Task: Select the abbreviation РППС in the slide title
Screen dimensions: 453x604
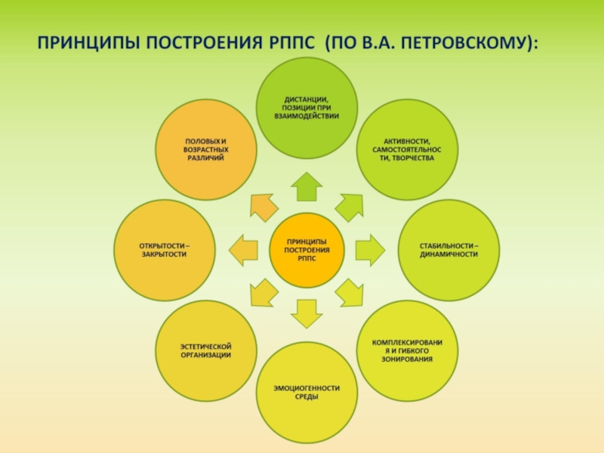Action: click(x=290, y=42)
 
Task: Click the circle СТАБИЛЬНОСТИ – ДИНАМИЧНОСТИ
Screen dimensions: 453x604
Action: click(x=449, y=250)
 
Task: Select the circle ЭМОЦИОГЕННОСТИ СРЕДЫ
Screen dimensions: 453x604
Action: click(x=306, y=393)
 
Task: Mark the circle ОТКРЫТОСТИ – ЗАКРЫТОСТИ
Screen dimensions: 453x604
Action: click(x=164, y=250)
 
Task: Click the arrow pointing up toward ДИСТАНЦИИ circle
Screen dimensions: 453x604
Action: click(x=307, y=186)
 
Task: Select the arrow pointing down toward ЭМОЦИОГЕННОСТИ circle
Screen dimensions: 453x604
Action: click(x=307, y=313)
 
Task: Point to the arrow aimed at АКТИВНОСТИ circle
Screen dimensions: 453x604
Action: click(x=350, y=205)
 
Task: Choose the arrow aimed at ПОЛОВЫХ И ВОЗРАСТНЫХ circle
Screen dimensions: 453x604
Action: click(x=262, y=206)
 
